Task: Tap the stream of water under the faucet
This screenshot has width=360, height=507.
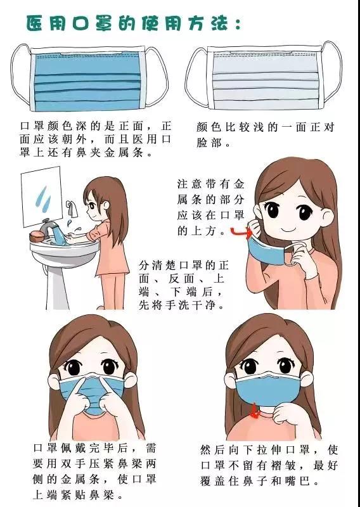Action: click(59, 234)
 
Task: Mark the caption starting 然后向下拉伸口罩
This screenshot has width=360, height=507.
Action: click(269, 465)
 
